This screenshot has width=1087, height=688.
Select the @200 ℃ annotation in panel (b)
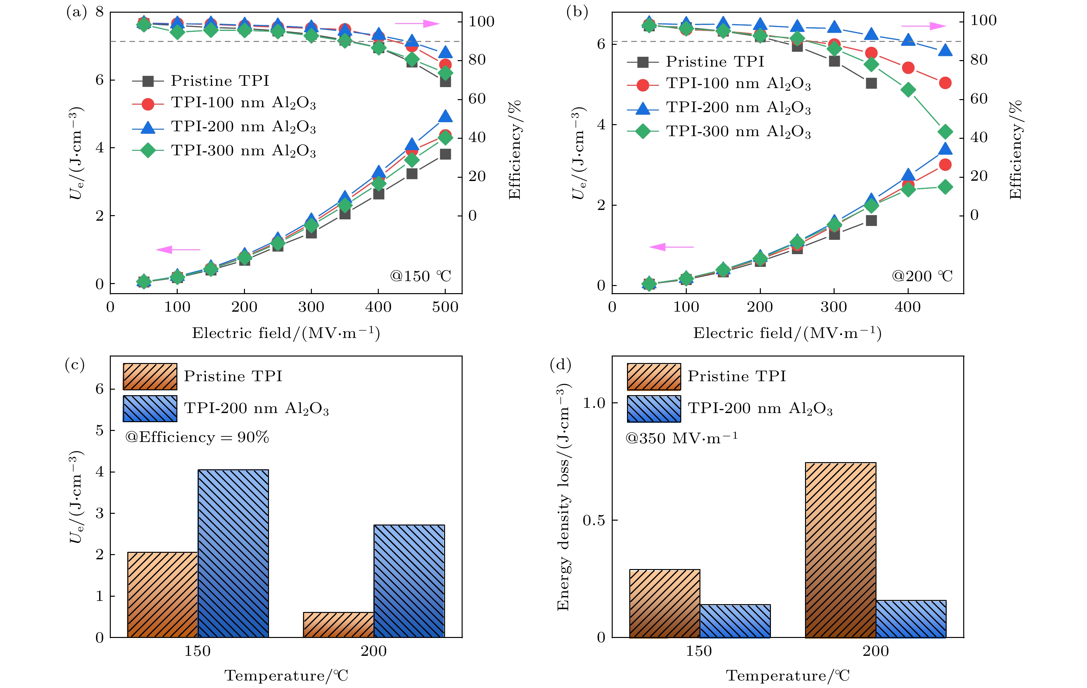click(x=922, y=275)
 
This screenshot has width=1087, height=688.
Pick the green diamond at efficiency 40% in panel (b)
click(x=945, y=132)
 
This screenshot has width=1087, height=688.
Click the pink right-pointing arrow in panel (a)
click(x=417, y=23)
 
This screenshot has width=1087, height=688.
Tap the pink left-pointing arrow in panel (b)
click(x=671, y=247)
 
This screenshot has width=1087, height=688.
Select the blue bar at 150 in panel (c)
click(x=233, y=553)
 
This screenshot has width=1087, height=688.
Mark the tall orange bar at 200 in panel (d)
click(x=840, y=550)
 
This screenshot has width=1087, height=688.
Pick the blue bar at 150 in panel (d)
click(x=735, y=621)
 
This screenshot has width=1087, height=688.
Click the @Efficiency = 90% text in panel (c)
click(x=197, y=437)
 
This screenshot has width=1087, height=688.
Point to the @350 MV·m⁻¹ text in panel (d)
click(x=681, y=438)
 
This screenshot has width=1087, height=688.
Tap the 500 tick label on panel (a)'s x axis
click(x=445, y=307)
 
